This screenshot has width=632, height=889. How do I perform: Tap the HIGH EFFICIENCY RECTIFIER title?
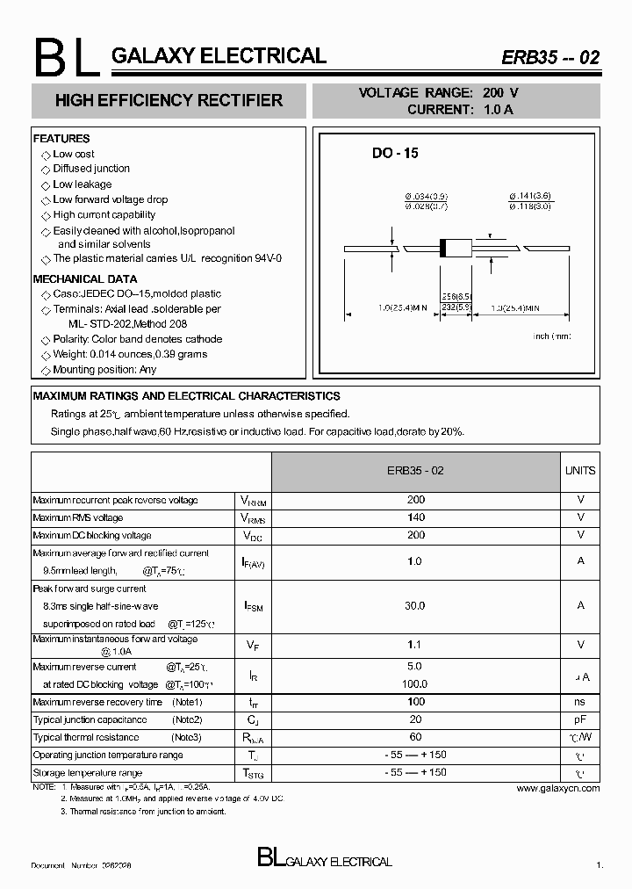[169, 101]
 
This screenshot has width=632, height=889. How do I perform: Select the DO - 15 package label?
[395, 153]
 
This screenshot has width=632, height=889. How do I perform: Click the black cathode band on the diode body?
[443, 249]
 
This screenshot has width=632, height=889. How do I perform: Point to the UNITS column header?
[579, 471]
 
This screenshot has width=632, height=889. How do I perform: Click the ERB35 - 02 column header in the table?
[415, 471]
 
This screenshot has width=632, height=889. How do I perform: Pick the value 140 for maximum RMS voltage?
[416, 517]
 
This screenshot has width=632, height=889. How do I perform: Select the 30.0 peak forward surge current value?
[416, 605]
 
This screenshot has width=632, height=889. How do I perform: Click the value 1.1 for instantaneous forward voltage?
[416, 645]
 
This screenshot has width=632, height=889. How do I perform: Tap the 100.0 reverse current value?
[416, 683]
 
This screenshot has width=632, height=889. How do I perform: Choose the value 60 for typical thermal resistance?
[416, 737]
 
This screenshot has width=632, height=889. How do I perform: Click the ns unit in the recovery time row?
[579, 702]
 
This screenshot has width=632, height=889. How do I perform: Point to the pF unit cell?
[579, 719]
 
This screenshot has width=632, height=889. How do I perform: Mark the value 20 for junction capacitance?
[416, 719]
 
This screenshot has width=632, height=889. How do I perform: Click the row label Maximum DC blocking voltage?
[92, 535]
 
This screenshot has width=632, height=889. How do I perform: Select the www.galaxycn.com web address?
[557, 788]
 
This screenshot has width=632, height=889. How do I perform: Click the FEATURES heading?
[61, 139]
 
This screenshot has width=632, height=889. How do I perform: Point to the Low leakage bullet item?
[82, 184]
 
